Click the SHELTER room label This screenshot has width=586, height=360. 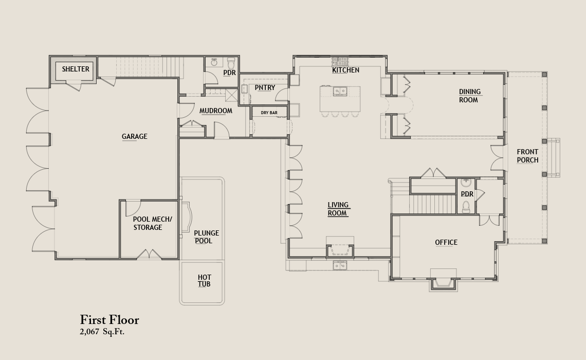[x=76, y=69]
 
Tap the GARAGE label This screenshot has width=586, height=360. [x=135, y=136]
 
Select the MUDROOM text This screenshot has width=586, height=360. [x=216, y=111]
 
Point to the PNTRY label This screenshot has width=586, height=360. [x=265, y=87]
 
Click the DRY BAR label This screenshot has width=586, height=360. [x=269, y=113]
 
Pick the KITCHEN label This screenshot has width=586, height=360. [x=346, y=70]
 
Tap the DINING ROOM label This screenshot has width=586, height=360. [x=469, y=96]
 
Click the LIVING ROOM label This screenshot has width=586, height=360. [x=338, y=209]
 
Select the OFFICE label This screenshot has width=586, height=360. [x=446, y=243]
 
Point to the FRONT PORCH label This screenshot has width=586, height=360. [x=528, y=156]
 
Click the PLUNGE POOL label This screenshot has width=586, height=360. [x=206, y=237]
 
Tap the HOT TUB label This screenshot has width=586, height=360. [x=205, y=281]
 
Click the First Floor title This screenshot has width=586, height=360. [x=109, y=320]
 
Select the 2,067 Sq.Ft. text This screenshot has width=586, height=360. [x=102, y=332]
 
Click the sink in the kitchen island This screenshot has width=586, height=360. [x=340, y=91]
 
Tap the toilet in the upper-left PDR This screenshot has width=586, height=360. [x=231, y=61]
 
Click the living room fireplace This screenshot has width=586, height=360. [x=340, y=250]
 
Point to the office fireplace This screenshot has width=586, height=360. [x=443, y=283]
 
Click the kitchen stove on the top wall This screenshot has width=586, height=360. [x=340, y=61]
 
